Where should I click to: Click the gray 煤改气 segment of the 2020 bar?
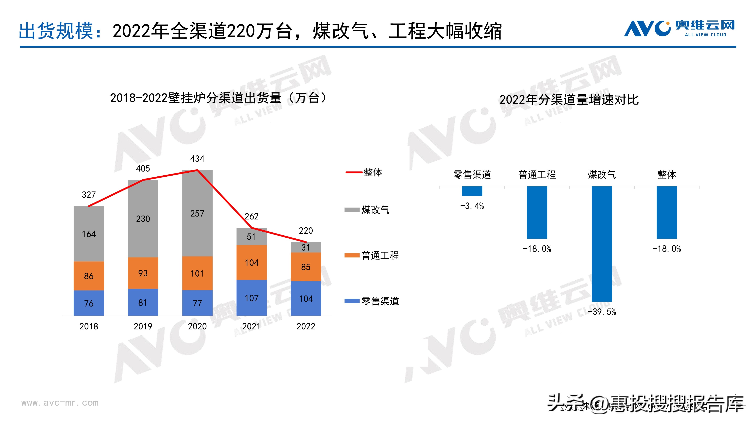[197, 213]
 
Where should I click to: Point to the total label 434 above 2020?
[197, 159]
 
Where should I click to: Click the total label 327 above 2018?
[89, 195]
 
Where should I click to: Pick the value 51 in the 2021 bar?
[251, 236]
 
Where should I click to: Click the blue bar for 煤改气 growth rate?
[602, 243]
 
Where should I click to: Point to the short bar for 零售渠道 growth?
[472, 191]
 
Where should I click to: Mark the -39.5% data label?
[602, 312]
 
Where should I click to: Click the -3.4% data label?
[472, 206]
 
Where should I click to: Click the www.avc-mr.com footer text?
[60, 403]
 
